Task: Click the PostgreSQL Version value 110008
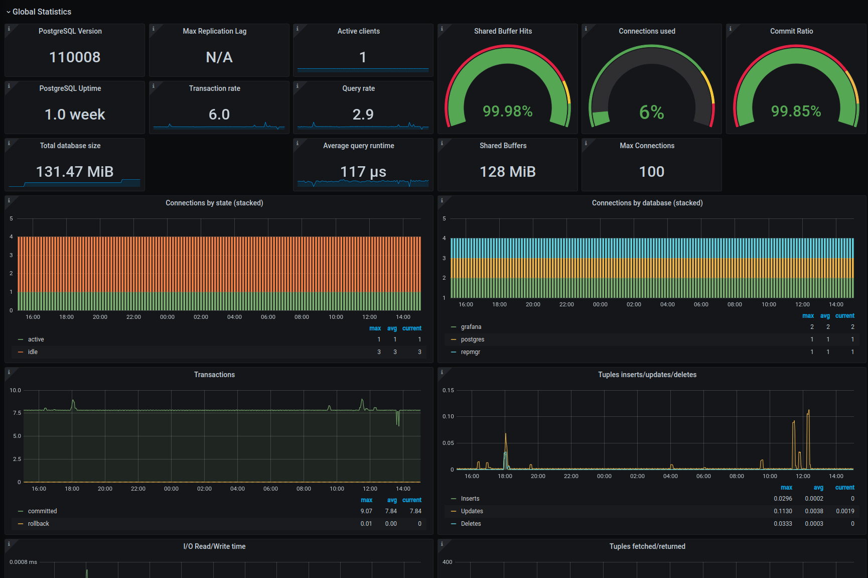(75, 57)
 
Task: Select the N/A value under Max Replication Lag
(219, 57)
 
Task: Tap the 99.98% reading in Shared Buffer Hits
(508, 111)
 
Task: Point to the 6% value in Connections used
(652, 112)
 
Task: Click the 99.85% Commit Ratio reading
(796, 111)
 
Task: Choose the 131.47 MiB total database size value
(75, 172)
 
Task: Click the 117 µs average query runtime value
(363, 172)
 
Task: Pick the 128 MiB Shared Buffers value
(508, 172)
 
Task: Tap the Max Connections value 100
(652, 172)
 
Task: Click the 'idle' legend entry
(33, 352)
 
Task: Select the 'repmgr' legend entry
(471, 352)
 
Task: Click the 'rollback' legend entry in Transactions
(39, 524)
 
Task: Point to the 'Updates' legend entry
(472, 511)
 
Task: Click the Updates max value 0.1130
(783, 511)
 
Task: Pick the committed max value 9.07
(366, 511)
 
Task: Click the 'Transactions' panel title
(214, 375)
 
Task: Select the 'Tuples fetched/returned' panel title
(647, 546)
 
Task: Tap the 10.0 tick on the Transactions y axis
(16, 390)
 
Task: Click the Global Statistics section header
(42, 12)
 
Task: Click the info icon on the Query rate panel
(298, 86)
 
